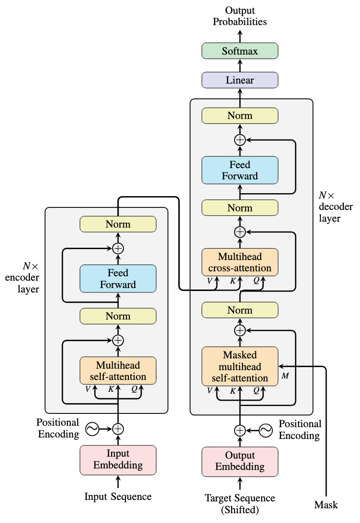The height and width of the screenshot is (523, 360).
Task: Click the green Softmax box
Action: [240, 51]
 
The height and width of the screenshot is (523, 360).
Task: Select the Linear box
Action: [240, 80]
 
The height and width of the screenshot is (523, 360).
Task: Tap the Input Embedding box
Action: [118, 460]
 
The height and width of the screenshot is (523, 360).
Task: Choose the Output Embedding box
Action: [240, 462]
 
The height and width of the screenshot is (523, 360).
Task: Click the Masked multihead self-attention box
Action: [240, 366]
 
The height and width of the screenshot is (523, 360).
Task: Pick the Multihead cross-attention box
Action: [240, 262]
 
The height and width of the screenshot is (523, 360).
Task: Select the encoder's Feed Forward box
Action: [118, 279]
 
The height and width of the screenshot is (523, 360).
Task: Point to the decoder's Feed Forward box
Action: [240, 170]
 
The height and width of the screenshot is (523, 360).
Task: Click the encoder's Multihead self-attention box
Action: [118, 371]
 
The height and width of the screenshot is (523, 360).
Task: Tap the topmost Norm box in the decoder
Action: [240, 116]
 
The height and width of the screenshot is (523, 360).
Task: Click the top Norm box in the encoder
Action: [118, 224]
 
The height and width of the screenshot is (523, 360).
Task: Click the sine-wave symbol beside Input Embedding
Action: [92, 429]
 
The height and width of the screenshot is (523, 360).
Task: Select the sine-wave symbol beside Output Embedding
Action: [266, 431]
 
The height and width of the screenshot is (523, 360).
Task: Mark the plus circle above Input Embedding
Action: [118, 429]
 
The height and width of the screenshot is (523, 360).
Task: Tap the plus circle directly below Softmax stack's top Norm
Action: [240, 140]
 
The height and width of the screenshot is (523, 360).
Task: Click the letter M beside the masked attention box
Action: [285, 376]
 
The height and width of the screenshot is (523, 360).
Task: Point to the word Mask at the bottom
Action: [326, 505]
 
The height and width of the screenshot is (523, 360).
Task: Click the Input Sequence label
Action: [118, 496]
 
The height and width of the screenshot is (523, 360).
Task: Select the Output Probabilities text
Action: [240, 16]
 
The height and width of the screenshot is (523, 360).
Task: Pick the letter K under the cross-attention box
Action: [233, 281]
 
